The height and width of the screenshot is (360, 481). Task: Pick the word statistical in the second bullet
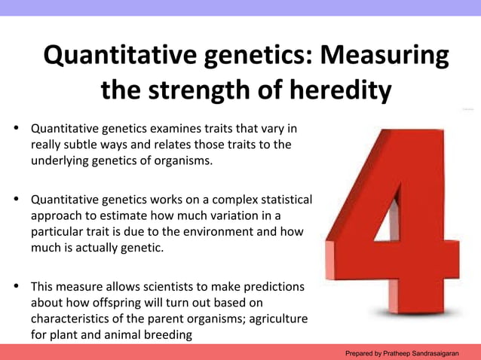283,200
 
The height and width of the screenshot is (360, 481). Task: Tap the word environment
218,232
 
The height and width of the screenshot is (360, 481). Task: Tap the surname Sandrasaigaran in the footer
447,352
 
